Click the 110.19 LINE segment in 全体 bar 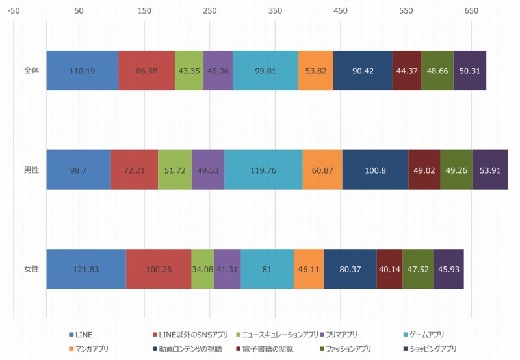83,70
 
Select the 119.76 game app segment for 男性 263,170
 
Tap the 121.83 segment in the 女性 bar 86,269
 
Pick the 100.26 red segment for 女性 159,269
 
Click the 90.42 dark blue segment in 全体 363,70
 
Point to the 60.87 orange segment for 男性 322,170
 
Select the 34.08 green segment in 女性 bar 202,269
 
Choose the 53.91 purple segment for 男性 490,170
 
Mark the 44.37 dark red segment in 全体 407,70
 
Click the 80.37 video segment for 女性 350,269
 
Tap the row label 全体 31,70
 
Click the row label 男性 31,170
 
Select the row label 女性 31,269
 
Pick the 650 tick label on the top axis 471,12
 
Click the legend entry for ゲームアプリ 423,335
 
